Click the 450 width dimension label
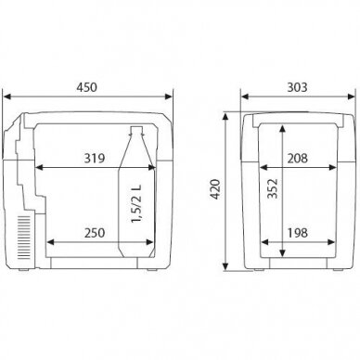(87, 87)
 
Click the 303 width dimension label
(298, 87)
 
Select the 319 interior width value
(95, 159)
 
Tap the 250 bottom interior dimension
(95, 233)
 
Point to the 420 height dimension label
(215, 189)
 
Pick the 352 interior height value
(273, 188)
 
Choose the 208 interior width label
(298, 159)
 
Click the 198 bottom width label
(298, 233)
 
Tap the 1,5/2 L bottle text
(136, 204)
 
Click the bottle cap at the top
(137, 130)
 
